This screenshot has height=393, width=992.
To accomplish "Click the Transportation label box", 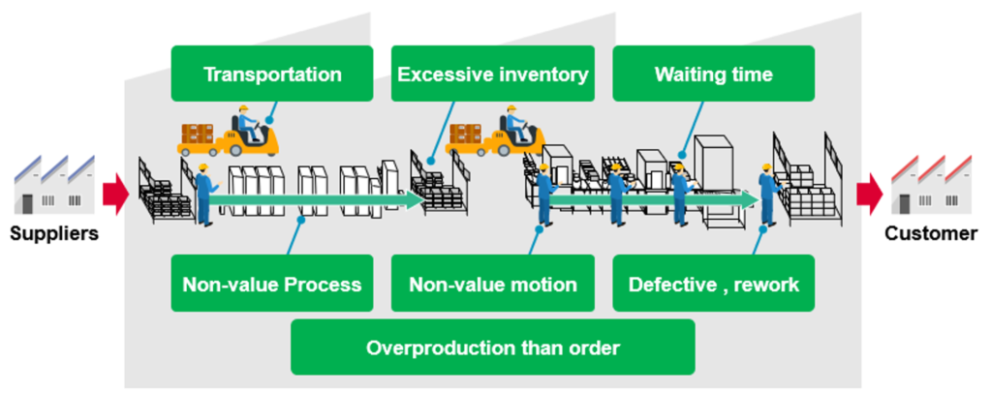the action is click(x=272, y=74).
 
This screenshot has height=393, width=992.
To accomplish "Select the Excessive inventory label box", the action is click(x=493, y=74).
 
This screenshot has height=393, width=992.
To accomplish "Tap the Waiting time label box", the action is click(x=714, y=74).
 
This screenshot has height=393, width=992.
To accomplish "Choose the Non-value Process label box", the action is click(x=272, y=283).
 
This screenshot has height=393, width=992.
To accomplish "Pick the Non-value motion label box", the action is click(x=493, y=283).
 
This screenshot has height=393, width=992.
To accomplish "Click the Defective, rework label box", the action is click(x=714, y=283).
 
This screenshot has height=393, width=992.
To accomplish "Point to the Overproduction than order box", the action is click(x=493, y=347).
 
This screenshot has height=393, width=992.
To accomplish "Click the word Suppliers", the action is click(x=54, y=234).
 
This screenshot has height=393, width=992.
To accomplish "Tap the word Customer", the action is click(x=931, y=234).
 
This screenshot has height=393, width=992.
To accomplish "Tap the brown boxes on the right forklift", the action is click(x=465, y=134).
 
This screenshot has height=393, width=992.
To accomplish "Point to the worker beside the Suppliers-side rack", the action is click(x=203, y=194).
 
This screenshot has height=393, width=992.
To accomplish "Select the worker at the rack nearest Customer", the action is click(x=768, y=194).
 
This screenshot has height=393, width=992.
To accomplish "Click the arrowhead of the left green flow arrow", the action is click(x=415, y=199).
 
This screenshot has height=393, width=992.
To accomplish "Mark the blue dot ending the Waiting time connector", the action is click(x=682, y=154).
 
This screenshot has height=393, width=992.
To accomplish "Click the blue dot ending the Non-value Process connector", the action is click(x=302, y=220).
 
